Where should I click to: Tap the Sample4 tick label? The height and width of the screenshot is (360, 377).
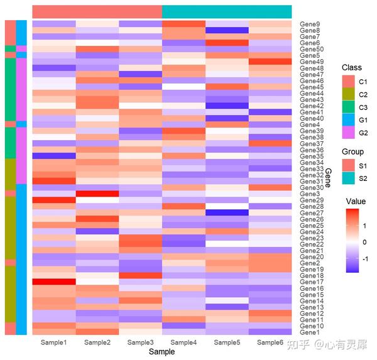(183, 342)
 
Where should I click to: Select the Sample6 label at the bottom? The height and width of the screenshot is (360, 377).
(270, 342)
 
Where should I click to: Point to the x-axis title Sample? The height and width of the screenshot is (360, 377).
(161, 352)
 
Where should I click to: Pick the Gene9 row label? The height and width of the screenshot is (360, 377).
(311, 24)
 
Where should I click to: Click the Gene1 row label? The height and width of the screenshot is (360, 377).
(311, 332)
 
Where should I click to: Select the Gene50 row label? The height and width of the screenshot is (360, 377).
(312, 49)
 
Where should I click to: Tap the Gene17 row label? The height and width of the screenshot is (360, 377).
(312, 282)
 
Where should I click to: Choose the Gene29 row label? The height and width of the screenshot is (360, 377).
(312, 200)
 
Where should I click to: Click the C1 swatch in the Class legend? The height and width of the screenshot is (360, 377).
(348, 82)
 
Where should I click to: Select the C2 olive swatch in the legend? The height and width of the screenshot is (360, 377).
(348, 94)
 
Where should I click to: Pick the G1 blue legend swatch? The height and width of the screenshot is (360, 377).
(348, 120)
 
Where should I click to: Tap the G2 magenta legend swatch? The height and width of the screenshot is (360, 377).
(348, 133)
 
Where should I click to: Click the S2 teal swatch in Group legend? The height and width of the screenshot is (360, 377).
(348, 178)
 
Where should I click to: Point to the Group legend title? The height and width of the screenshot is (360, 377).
(352, 151)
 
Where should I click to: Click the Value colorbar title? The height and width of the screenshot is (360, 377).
(356, 201)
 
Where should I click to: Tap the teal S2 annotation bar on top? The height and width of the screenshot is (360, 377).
(227, 12)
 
